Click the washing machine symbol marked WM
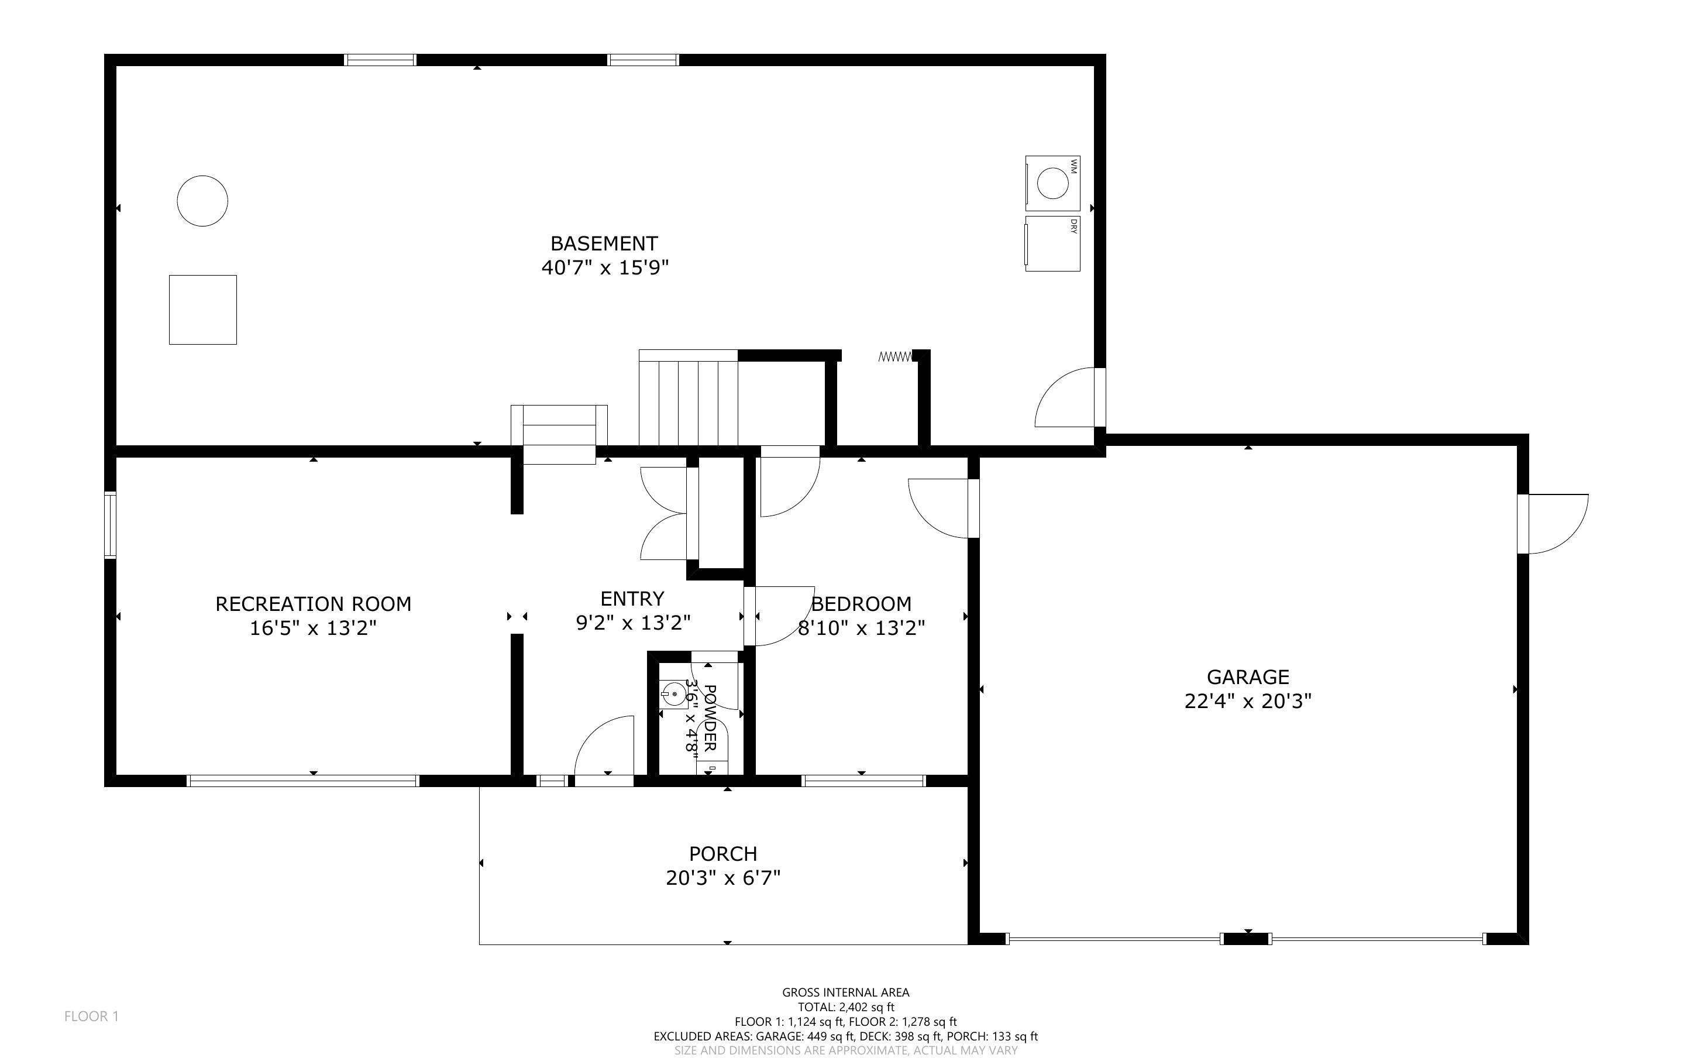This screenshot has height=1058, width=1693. [1052, 183]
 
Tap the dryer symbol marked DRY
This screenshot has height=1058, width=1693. [1052, 243]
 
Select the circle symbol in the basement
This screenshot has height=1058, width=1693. [202, 201]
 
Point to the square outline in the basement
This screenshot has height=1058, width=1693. [203, 310]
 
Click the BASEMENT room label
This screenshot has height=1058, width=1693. [604, 243]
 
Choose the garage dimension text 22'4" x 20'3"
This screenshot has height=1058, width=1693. [1248, 701]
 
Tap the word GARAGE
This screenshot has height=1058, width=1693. [1248, 676]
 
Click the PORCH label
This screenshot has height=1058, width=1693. [723, 854]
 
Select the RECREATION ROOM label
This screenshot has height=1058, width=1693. [314, 604]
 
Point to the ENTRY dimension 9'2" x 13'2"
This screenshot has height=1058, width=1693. [633, 623]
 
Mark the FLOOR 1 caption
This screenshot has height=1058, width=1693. [92, 1016]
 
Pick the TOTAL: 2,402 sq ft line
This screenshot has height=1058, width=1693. [845, 1008]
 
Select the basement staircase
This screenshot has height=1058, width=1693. [688, 397]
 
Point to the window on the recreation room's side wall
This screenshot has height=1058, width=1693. [110, 525]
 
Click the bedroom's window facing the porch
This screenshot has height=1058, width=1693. [863, 781]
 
